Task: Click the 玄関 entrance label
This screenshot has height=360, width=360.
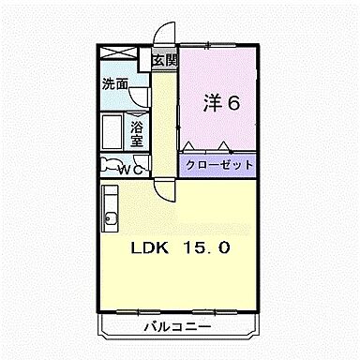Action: tap(165, 61)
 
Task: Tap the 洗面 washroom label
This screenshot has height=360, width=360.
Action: tap(115, 83)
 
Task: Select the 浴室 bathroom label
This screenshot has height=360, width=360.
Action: tap(137, 134)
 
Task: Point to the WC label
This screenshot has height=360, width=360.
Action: tap(128, 170)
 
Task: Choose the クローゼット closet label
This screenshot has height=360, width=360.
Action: tap(217, 164)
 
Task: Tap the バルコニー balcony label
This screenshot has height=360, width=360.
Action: tap(177, 327)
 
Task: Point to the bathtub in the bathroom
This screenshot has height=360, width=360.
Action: tap(113, 135)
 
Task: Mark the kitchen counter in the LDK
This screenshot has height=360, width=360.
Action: tap(108, 207)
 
